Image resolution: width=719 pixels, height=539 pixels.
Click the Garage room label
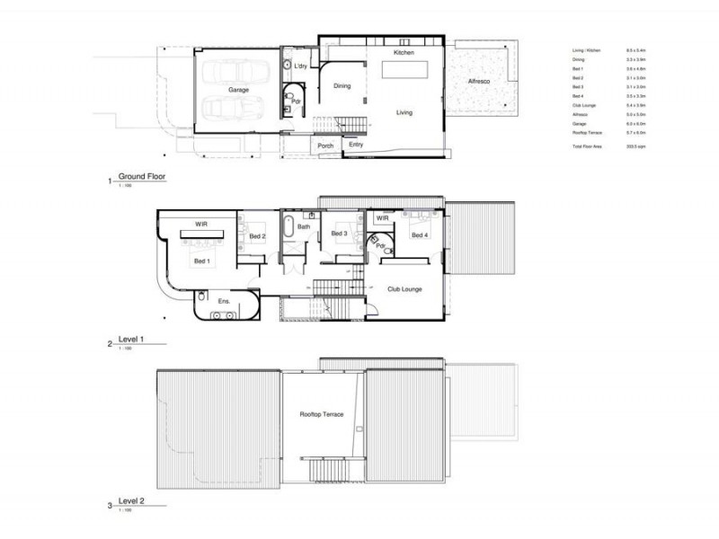click(238, 90)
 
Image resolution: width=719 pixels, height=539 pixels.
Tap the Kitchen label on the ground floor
click(404, 54)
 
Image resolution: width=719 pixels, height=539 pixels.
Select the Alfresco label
click(481, 82)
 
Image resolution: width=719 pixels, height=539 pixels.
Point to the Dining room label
click(342, 86)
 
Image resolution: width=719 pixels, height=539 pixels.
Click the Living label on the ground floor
click(404, 112)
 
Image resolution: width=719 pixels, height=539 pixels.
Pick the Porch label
click(325, 146)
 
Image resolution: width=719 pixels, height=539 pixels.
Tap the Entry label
click(356, 145)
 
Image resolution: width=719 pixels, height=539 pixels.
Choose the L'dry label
click(301, 66)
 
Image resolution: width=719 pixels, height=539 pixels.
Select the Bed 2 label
click(257, 236)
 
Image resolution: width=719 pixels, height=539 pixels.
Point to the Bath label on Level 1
click(304, 227)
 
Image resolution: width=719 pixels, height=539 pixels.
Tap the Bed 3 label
click(339, 234)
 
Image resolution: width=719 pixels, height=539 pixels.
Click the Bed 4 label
click(419, 235)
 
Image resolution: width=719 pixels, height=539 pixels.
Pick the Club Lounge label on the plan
click(405, 289)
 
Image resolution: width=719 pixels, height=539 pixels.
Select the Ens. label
click(225, 302)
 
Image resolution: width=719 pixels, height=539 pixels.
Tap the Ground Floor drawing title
click(141, 176)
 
